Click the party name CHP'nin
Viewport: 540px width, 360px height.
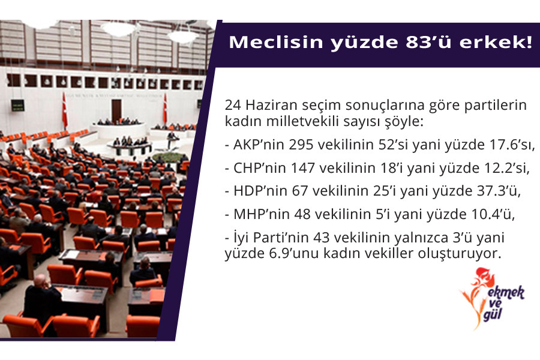[260, 168]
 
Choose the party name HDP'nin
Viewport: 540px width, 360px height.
[261, 191]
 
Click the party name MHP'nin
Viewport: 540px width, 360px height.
[262, 214]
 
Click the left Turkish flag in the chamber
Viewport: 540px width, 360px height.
[64, 110]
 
